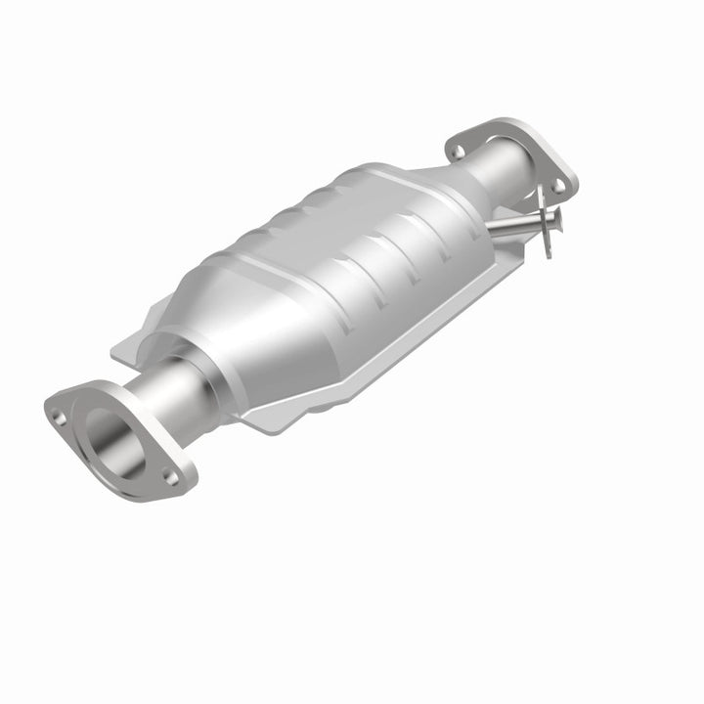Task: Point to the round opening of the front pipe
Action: (x=109, y=437)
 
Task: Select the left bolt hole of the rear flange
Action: (x=455, y=151)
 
